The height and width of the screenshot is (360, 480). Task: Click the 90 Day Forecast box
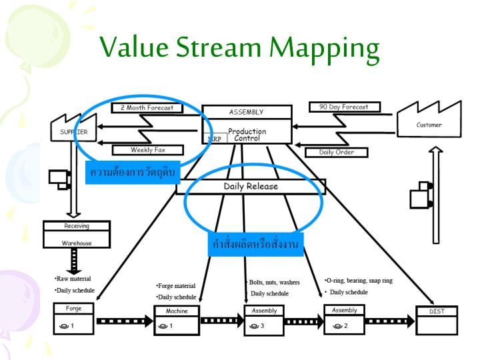(344, 107)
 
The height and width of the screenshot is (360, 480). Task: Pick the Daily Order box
(337, 152)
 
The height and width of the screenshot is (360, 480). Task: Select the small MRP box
(214, 139)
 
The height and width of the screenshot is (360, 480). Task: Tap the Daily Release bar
(251, 187)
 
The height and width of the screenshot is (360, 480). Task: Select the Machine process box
(177, 321)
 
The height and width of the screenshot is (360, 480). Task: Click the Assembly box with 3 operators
(264, 320)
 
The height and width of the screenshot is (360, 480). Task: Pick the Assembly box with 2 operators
(344, 319)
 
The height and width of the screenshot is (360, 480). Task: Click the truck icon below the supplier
(59, 178)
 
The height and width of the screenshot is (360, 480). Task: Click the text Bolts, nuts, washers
(273, 282)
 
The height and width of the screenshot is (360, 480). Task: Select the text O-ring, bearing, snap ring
(358, 281)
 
